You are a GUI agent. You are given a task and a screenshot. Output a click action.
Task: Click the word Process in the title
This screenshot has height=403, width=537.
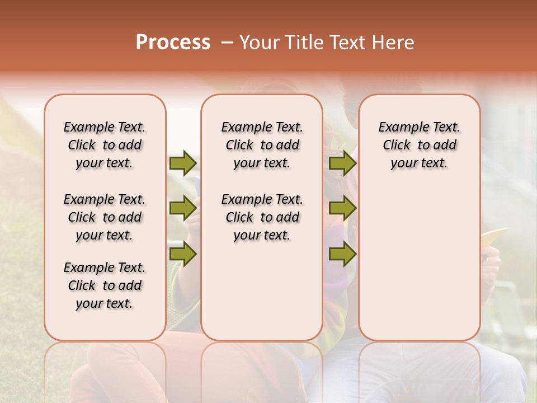(x=173, y=43)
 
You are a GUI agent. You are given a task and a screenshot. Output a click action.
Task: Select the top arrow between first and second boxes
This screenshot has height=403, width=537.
(x=183, y=163)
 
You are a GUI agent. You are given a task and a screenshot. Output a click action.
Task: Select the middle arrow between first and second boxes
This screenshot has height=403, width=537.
(x=183, y=208)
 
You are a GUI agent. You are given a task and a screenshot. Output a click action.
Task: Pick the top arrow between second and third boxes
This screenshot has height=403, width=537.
(x=342, y=163)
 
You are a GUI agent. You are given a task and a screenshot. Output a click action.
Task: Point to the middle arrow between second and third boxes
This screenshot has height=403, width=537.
(x=342, y=208)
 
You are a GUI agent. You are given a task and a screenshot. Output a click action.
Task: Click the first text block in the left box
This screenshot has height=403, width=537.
(x=105, y=145)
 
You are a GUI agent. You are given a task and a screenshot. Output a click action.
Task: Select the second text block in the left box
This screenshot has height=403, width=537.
(x=105, y=217)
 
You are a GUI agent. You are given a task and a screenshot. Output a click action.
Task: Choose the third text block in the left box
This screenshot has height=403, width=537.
(x=105, y=285)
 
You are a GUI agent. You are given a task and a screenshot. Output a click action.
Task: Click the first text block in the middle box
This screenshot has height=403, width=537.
(x=262, y=145)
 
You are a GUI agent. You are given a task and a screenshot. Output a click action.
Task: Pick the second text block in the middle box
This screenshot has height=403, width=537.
(x=262, y=217)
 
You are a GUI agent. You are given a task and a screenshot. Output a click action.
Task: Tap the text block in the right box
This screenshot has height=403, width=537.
(x=419, y=145)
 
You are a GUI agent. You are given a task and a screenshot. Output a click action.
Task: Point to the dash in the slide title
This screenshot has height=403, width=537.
(x=227, y=43)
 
